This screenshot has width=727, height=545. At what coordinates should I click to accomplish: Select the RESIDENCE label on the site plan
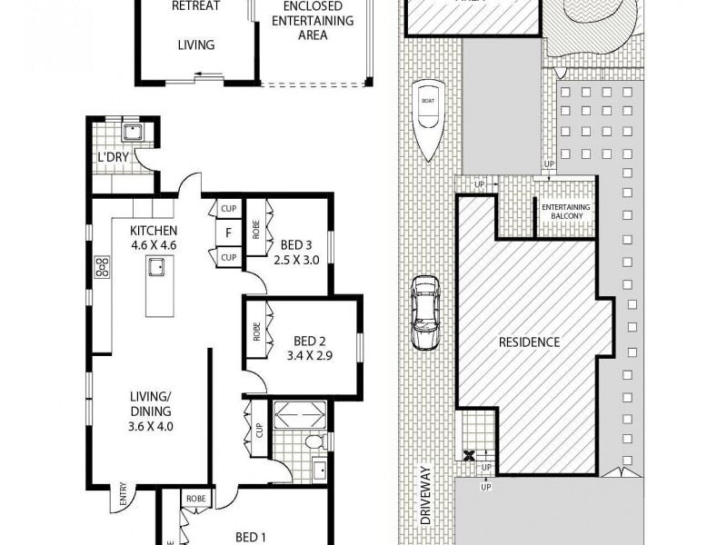(529, 342)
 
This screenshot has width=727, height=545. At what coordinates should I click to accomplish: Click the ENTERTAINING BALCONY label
(565, 211)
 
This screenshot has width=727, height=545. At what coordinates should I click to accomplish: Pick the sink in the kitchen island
(157, 267)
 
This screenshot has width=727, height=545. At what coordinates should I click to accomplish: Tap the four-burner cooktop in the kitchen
(102, 267)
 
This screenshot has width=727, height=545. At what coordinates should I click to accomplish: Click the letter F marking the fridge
(228, 233)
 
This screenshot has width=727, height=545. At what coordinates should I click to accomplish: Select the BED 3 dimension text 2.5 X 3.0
(297, 259)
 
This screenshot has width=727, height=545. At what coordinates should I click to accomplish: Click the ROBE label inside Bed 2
(256, 331)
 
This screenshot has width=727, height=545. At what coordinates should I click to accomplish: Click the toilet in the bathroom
(313, 442)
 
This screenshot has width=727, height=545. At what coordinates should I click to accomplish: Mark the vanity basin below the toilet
(320, 471)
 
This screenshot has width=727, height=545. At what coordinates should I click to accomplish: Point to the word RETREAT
(195, 5)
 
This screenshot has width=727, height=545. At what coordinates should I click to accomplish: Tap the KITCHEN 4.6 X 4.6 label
(153, 237)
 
